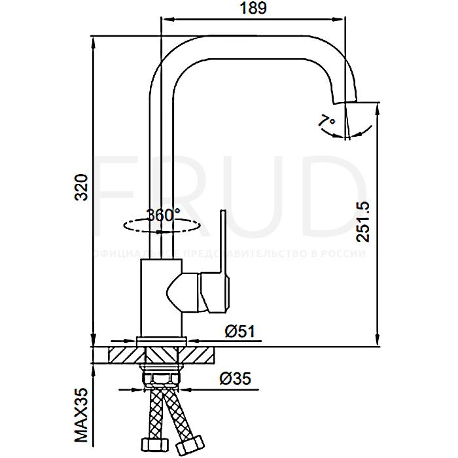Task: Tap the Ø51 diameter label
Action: [239, 332]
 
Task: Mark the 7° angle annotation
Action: [326, 121]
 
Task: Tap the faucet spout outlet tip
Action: [347, 99]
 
